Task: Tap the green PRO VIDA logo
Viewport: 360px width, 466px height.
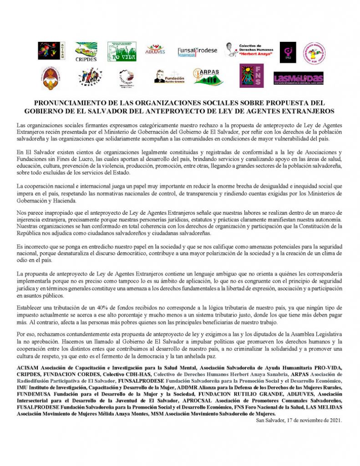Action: pyautogui.click(x=122, y=52)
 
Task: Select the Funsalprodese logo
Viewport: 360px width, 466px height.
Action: pyautogui.click(x=198, y=51)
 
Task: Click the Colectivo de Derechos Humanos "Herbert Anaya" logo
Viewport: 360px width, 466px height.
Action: pyautogui.click(x=249, y=51)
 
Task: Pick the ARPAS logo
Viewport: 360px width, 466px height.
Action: pyautogui.click(x=208, y=76)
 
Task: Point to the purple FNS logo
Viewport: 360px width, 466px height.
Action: pyautogui.click(x=252, y=76)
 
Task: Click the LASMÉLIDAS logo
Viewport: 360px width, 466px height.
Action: pyautogui.click(x=298, y=78)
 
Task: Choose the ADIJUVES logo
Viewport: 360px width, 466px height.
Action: pyautogui.click(x=155, y=50)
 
